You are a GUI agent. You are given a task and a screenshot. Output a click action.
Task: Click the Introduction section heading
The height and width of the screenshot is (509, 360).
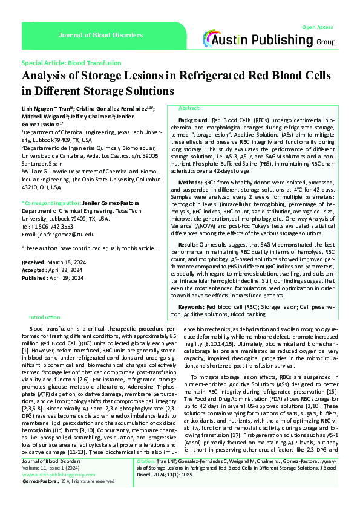(45, 317)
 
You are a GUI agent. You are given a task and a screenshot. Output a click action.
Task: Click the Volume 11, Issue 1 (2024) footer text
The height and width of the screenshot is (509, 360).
(47, 468)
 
